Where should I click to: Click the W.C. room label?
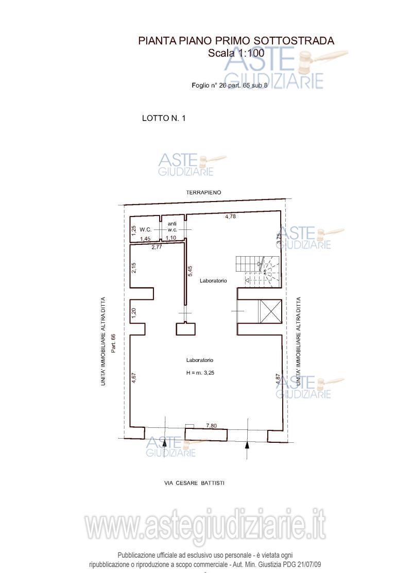pos(146,230)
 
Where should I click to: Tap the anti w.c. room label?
pos(172,227)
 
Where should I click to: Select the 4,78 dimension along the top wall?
pos(231,216)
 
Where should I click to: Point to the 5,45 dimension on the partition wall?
pos(191,271)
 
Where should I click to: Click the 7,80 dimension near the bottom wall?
pos(211,426)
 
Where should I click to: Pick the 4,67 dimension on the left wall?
pos(134,377)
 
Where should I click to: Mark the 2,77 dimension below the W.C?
pos(157,246)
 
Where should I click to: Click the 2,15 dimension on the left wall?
pos(134,268)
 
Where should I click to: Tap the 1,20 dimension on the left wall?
pos(134,313)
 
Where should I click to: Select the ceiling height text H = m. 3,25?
pos(200,373)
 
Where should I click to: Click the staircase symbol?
pos(258,271)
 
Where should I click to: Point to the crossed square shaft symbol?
pos(271,311)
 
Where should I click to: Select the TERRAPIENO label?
pos(203,192)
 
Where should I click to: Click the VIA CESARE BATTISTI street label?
pos(194,483)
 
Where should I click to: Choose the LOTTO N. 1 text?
pos(164,118)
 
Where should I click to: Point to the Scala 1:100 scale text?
pos(236,53)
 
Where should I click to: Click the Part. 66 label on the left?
pos(114,343)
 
